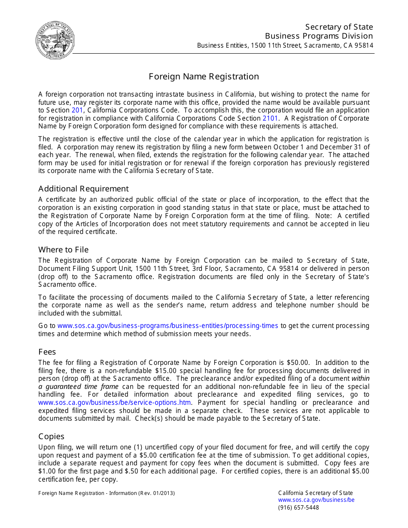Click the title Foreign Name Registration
204,76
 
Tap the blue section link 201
77,110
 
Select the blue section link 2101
271,118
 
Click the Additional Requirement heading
83,189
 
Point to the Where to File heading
64,250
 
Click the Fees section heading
47,352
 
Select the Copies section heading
51,437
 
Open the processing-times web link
167,326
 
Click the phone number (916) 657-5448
298,507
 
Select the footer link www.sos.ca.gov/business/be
316,500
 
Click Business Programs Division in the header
319,36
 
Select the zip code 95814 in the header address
363,46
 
